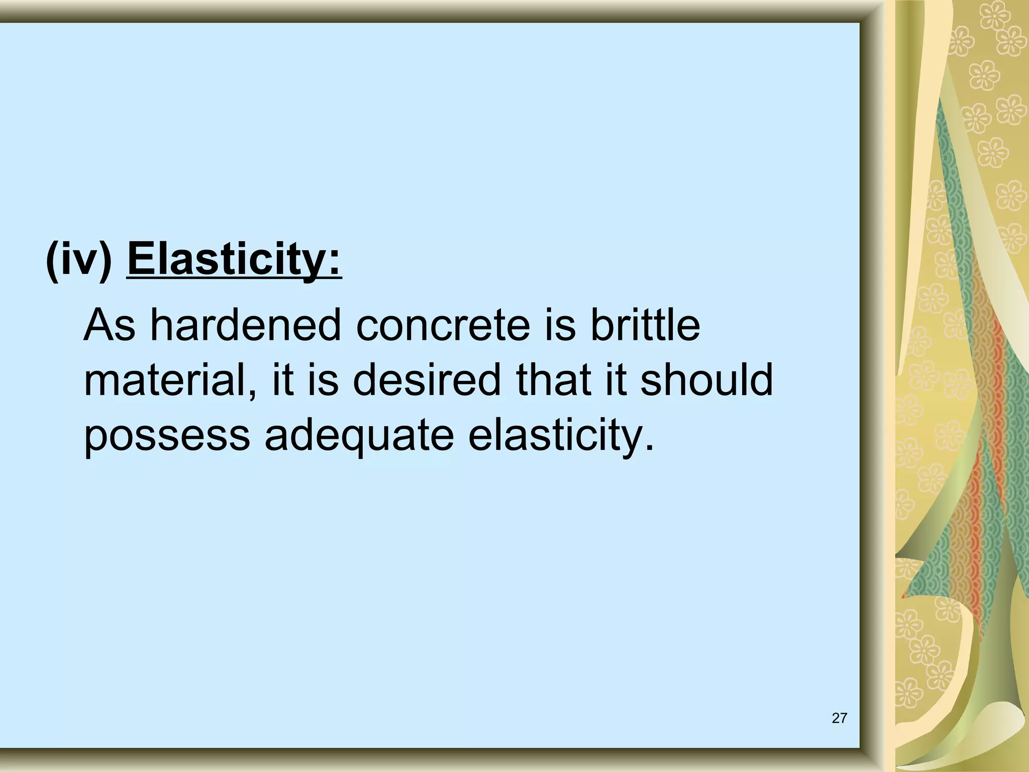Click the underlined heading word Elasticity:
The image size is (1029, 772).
(235, 259)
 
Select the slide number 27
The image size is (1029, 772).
(839, 718)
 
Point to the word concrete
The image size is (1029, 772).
(443, 325)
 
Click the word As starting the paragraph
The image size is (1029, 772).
(110, 325)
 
